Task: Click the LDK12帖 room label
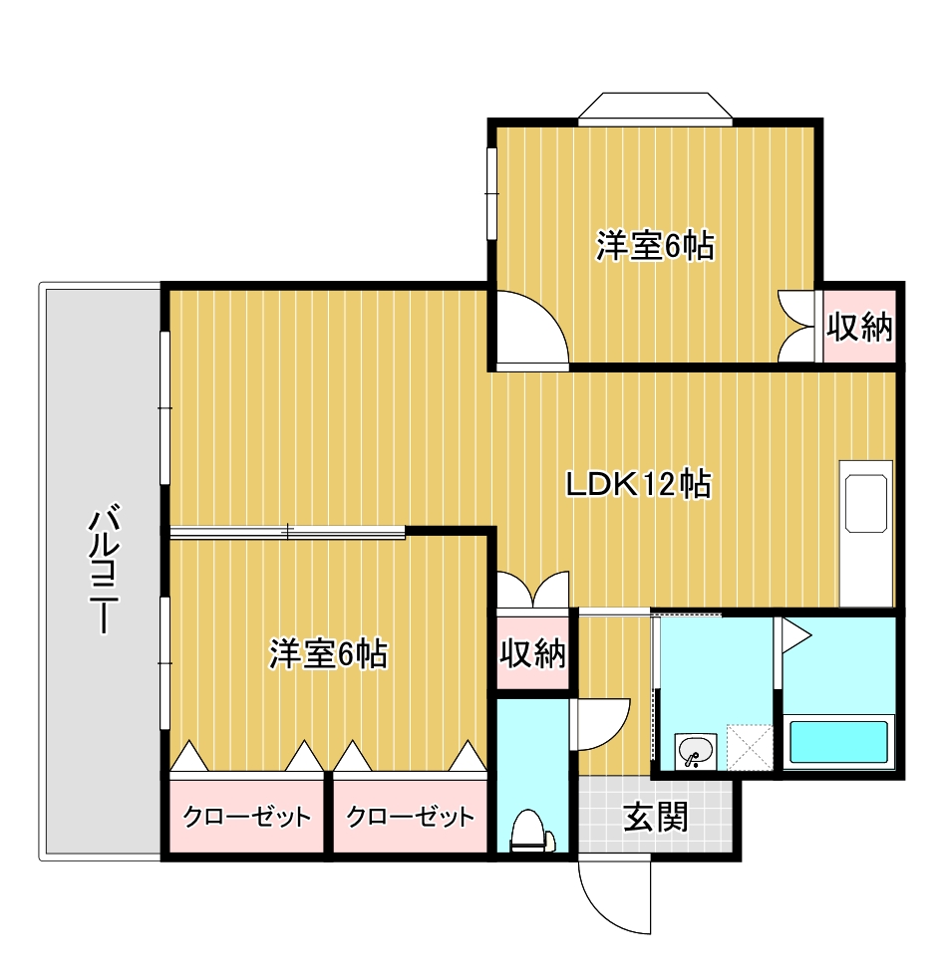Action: (638, 485)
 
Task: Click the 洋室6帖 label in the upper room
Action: (655, 245)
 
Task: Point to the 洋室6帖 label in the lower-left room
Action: (328, 654)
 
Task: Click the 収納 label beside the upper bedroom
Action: (859, 327)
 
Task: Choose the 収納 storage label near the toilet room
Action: (532, 654)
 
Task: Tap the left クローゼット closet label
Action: (246, 818)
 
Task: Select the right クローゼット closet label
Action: (410, 818)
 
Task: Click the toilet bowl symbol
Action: (531, 832)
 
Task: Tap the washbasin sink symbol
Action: (695, 751)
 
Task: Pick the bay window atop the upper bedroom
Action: (655, 108)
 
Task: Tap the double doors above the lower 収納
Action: (532, 592)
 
